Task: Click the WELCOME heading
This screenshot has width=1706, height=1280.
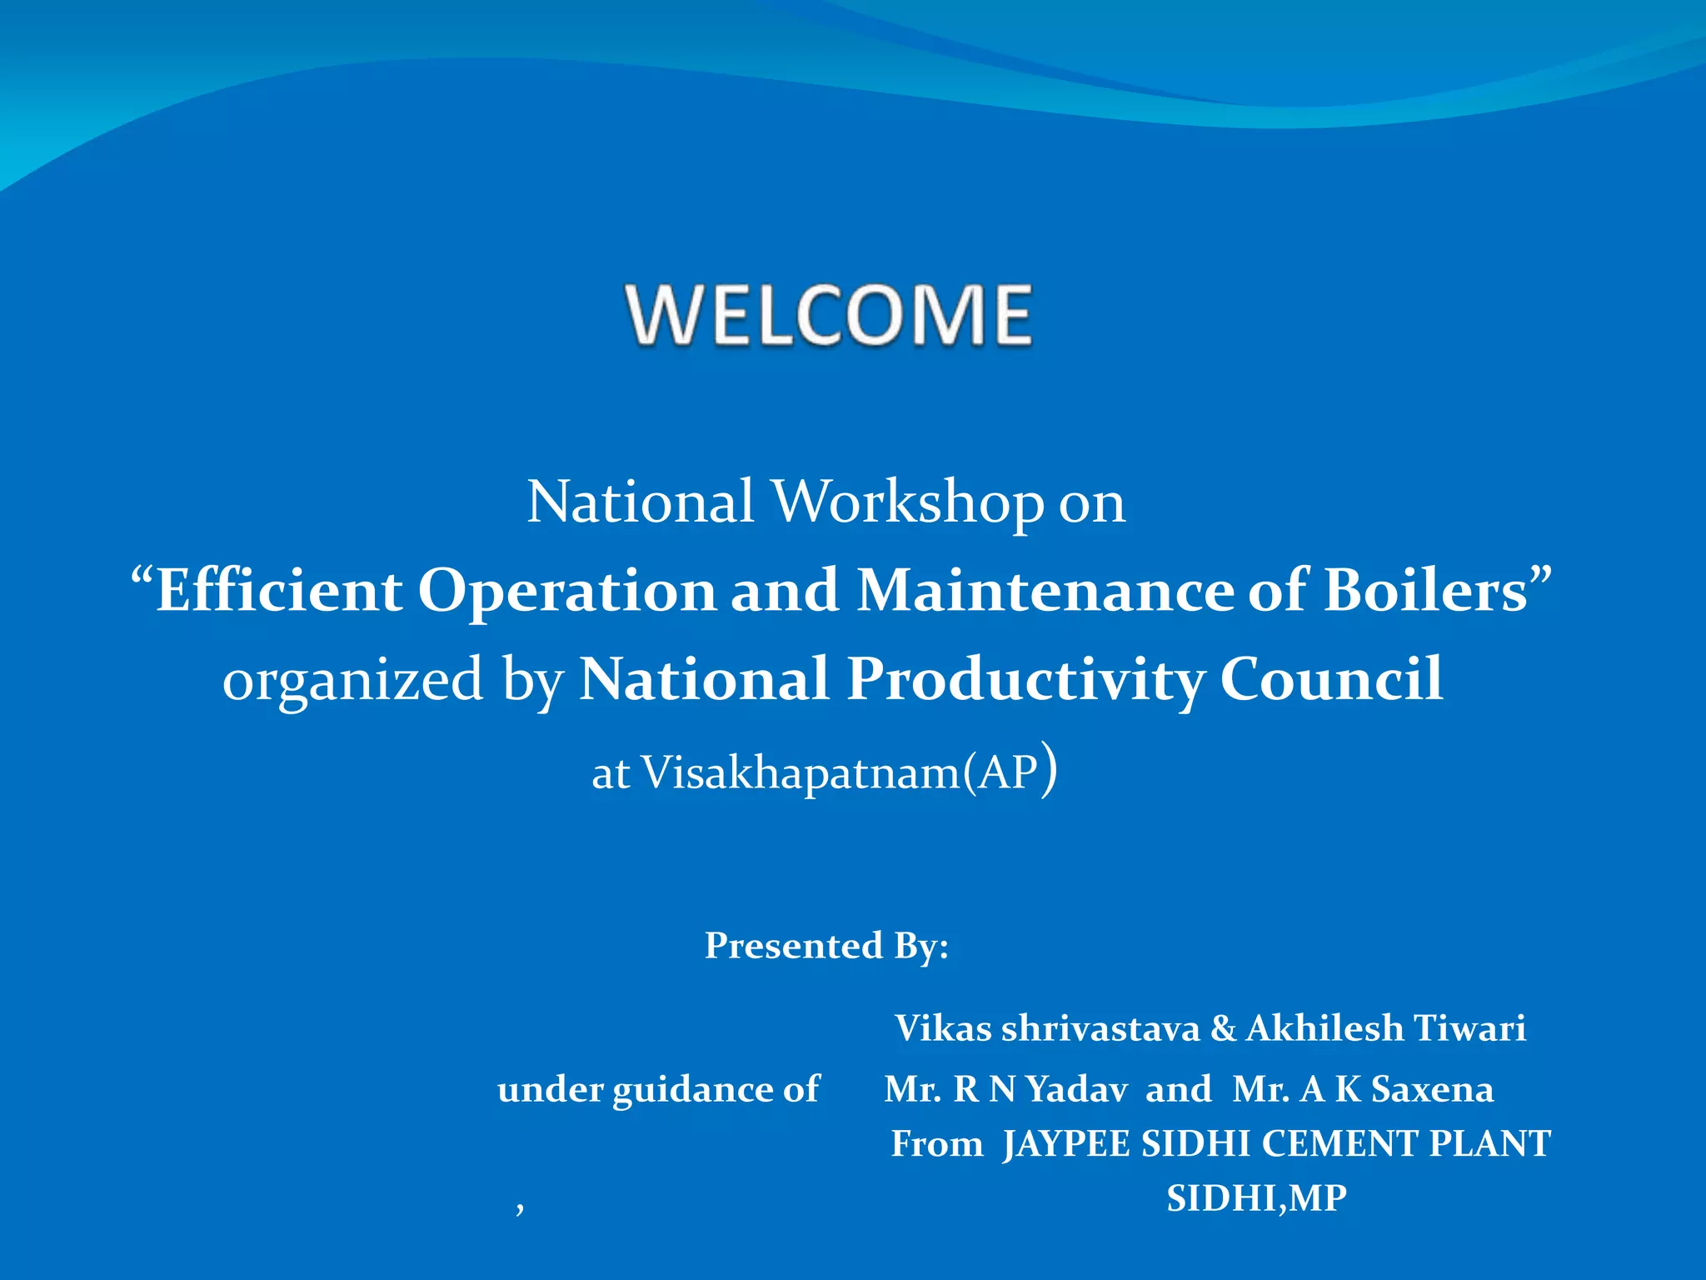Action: (x=830, y=314)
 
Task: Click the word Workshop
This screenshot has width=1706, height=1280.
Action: (x=908, y=502)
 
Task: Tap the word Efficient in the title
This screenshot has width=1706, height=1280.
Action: (x=278, y=591)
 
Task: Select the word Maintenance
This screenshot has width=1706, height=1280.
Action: (x=1045, y=591)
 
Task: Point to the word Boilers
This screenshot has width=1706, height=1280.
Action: (x=1425, y=591)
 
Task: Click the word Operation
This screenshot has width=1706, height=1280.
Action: (x=566, y=591)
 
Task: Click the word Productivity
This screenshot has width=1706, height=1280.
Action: (x=1025, y=679)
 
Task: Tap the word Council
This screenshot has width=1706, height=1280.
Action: (x=1331, y=679)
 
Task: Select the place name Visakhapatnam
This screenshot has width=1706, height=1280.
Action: (x=801, y=772)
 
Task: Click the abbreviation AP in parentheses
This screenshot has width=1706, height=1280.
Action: (x=1008, y=772)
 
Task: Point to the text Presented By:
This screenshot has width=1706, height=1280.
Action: (x=826, y=946)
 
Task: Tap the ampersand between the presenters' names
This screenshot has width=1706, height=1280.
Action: (x=1223, y=1028)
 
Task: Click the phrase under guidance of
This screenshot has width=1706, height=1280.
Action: (x=658, y=1089)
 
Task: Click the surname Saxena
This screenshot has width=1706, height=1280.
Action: (x=1432, y=1089)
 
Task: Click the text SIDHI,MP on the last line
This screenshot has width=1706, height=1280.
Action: (x=1256, y=1198)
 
